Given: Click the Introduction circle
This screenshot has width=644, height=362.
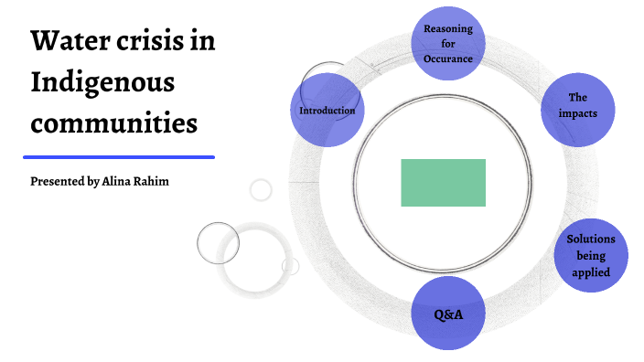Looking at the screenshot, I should coord(327,111).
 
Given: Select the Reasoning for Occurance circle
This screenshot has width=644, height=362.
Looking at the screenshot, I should coord(447,43).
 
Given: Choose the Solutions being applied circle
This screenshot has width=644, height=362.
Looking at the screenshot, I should coord(590,255).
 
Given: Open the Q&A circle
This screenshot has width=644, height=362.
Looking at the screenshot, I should coord(447,314).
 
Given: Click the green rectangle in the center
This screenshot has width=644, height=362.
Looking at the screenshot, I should coord(443,182).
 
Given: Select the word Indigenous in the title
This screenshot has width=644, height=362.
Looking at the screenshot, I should coord(102,83).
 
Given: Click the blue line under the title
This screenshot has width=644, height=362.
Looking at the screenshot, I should coord(119,157).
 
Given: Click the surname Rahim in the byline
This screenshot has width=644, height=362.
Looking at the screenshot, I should coord(154,181).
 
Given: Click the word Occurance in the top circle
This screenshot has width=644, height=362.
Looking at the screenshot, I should coord(447,59).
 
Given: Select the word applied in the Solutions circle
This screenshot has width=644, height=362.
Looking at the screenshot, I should coord(590,271).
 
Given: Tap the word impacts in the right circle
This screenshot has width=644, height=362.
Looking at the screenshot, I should coord(577,113).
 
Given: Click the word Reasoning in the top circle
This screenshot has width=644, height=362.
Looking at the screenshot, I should coord(447,28).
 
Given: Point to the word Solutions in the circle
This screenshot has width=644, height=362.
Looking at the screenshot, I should coord(590,240).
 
